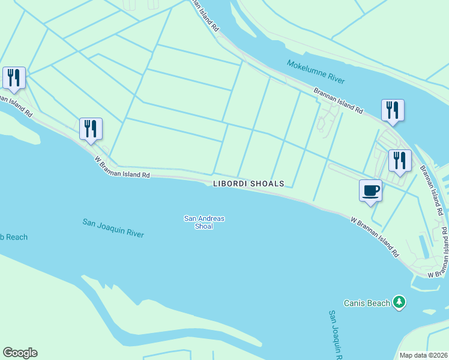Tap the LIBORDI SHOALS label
tap(249, 184)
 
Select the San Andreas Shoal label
tap(204, 218)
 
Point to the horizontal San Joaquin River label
tap(113, 228)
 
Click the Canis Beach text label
tap(367, 303)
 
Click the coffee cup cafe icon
tap(370, 191)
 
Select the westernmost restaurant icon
tap(13, 77)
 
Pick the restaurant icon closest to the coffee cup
tap(399, 161)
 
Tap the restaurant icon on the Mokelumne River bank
tap(392, 110)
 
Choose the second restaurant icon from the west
tap(91, 128)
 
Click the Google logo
tap(20, 353)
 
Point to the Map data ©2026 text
tap(423, 355)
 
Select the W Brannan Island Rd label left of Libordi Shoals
tap(121, 167)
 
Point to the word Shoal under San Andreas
tap(204, 226)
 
